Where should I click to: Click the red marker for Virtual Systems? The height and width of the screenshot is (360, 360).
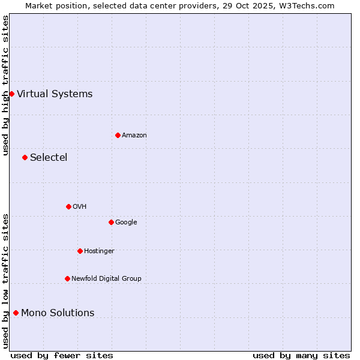[x=11, y=94]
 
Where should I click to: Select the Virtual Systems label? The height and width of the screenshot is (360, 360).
[x=55, y=94]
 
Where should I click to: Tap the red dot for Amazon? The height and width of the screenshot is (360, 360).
[x=118, y=135]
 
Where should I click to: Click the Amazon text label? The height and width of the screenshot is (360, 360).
[x=134, y=136]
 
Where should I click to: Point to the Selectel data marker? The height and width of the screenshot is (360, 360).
[x=25, y=157]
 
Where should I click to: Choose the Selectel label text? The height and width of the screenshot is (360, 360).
[x=49, y=158]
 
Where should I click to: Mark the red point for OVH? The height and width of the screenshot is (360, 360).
[x=68, y=206]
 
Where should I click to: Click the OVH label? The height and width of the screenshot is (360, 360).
[x=80, y=207]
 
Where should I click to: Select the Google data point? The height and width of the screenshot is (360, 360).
[x=111, y=222]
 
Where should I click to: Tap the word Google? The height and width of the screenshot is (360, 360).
[x=126, y=223]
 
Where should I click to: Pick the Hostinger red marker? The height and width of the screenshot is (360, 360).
[x=80, y=251]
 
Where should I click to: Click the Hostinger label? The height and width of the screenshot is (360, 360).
[x=99, y=251]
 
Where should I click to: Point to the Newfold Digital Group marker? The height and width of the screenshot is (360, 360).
[x=67, y=278]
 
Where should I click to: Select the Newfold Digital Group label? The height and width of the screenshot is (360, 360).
[x=106, y=279]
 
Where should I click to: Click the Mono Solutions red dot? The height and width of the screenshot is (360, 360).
[x=16, y=313]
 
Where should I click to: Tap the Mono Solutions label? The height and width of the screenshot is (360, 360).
[x=58, y=313]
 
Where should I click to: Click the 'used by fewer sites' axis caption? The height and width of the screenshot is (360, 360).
[x=62, y=355]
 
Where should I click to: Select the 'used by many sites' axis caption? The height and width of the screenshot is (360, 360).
[x=301, y=355]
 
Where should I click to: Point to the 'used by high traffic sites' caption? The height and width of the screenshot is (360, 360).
[x=5, y=85]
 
